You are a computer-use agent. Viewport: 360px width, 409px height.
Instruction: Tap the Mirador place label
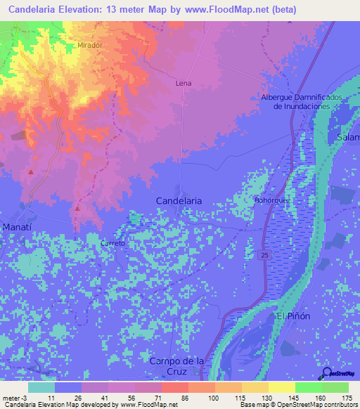[88, 44]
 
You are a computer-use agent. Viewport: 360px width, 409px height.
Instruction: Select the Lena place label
[183, 83]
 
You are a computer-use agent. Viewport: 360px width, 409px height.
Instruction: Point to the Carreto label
[112, 243]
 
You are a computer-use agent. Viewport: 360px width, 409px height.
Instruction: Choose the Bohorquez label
[272, 200]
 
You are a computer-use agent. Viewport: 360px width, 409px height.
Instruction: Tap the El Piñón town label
[292, 316]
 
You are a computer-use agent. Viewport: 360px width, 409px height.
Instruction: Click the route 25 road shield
[262, 253]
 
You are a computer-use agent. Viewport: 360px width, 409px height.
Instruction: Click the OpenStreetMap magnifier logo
[327, 373]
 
